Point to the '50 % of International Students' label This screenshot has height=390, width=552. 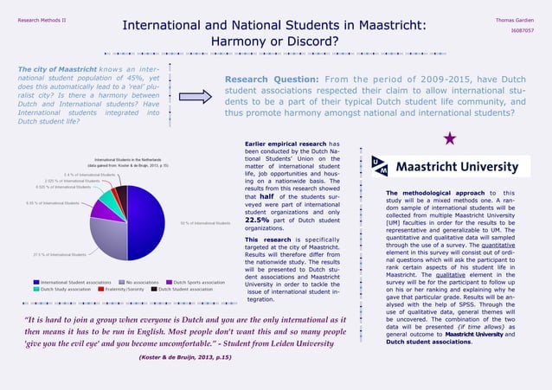[205, 224]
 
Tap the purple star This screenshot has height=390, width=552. [450, 137]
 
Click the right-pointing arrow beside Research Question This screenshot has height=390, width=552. [196, 98]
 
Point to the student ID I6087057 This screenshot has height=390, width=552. [522, 30]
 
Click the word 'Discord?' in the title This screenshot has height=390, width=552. [307, 41]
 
